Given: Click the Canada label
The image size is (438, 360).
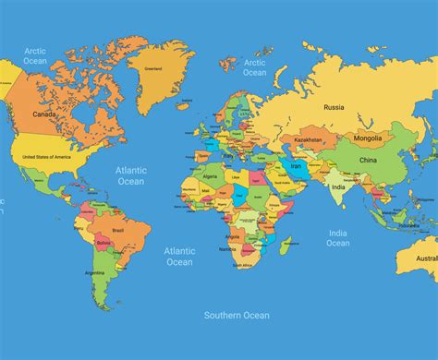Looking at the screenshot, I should tap(43, 114).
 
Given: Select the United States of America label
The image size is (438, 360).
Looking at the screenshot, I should tap(46, 157).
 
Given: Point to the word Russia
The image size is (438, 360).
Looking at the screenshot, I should tap(334, 107).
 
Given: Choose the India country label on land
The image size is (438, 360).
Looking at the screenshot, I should tap(338, 187).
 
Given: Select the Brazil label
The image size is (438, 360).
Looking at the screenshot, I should tap(117, 230).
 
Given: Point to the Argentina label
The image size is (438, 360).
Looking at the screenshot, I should tap(94, 273).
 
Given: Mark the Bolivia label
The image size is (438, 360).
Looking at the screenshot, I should tap(103, 244).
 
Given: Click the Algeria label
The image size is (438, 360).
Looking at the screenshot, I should tap(210, 175).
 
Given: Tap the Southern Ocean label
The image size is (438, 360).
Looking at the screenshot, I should tap(237, 316).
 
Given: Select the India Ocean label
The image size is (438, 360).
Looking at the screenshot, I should tap(338, 238).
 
